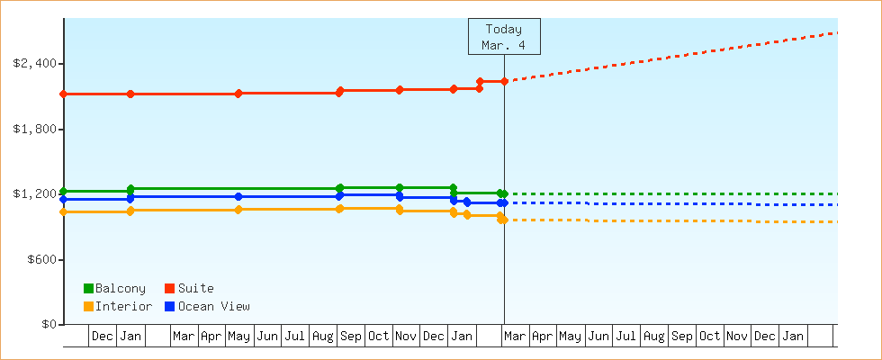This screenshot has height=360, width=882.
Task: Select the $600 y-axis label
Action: pyautogui.click(x=39, y=260)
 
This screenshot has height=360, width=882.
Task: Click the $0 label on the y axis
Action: pyautogui.click(x=46, y=325)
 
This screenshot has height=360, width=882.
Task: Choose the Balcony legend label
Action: pyautogui.click(x=120, y=288)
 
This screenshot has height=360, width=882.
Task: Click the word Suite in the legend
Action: pyautogui.click(x=195, y=288)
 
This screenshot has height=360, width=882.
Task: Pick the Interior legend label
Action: pyautogui.click(x=123, y=306)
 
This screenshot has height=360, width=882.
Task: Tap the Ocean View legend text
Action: pyautogui.click(x=213, y=306)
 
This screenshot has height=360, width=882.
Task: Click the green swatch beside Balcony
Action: pyautogui.click(x=88, y=288)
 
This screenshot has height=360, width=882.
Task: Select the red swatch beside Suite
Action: pyautogui.click(x=169, y=288)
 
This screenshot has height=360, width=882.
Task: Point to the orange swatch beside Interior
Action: pyautogui.click(x=88, y=306)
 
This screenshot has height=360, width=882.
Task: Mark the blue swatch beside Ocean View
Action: pyautogui.click(x=169, y=306)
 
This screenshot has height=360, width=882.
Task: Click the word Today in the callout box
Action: pyautogui.click(x=504, y=29)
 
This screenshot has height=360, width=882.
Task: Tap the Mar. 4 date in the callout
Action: pyautogui.click(x=504, y=45)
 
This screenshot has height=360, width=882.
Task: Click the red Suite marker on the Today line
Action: pyautogui.click(x=504, y=82)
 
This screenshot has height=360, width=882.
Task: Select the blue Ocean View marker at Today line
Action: pyautogui.click(x=504, y=203)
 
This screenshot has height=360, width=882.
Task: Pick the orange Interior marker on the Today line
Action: pyautogui.click(x=502, y=220)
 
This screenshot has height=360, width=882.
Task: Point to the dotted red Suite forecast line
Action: pyautogui.click(x=684, y=55)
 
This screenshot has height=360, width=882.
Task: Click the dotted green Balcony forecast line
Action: pyautogui.click(x=684, y=194)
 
